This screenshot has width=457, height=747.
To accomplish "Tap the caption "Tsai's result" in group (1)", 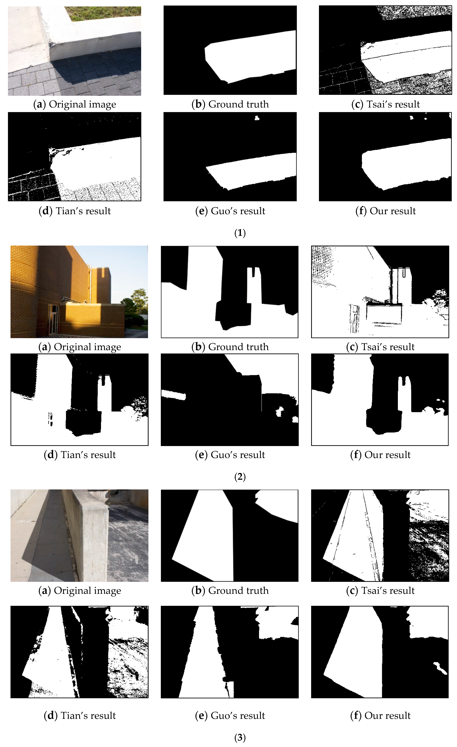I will [385, 104].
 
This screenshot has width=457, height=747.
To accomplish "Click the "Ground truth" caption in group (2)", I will [230, 347].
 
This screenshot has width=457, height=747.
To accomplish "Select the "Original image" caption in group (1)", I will [75, 104].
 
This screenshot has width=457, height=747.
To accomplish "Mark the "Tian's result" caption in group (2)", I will [80, 455].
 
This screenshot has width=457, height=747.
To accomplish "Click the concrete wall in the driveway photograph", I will [91, 534].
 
